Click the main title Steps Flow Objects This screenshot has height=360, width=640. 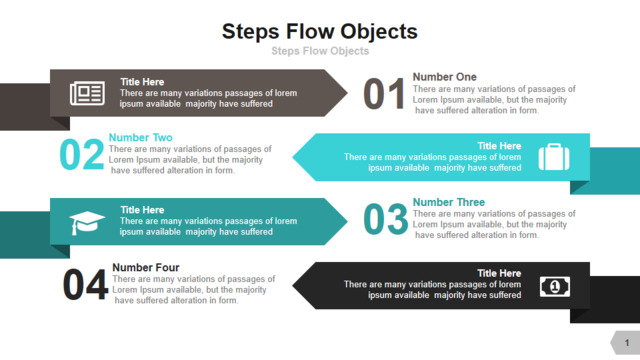coord(320,32)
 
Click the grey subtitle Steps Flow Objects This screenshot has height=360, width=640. coord(320,51)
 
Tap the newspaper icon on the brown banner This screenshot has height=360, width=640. coord(87,93)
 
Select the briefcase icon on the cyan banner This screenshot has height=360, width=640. coord(554,157)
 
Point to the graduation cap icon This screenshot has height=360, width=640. coord(87,223)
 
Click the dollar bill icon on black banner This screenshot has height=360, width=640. coord(555,287)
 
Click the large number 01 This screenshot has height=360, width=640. coord(384,94)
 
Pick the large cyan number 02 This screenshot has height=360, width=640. coord(82,154)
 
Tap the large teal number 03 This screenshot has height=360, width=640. coord(385,219)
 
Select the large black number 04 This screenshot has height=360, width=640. coord(85,284)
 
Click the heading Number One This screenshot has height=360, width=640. coord(444,77)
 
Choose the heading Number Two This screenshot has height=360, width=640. coord(140,137)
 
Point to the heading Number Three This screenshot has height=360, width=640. coord(449,202)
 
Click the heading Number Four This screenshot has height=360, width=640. coord(146,267)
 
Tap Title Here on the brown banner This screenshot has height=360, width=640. coord(142,82)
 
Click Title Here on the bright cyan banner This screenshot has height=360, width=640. coord(499,146)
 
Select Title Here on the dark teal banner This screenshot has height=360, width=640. coord(142,210)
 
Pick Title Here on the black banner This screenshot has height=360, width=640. coord(499,273)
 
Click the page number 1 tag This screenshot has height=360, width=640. coord(625,342)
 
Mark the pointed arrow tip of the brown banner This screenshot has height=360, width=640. coord(347,93)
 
